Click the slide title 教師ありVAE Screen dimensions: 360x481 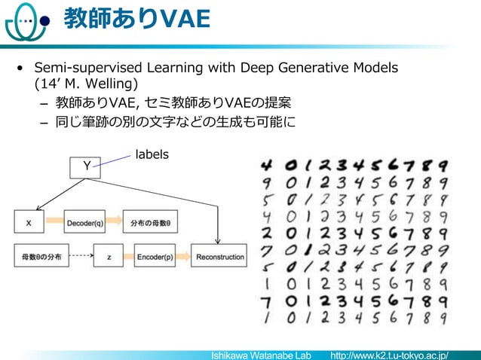pos(136,19)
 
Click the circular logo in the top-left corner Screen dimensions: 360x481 pos(23,24)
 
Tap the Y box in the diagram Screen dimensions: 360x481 pos(85,167)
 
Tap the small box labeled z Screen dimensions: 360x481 pos(109,257)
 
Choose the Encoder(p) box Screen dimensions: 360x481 pos(155,257)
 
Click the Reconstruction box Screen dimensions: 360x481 pos(219,257)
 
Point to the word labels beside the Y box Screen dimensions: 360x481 pos(152,154)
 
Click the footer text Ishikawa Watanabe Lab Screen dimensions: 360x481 pos(261,354)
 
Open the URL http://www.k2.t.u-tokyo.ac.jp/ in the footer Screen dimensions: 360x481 pos(395,354)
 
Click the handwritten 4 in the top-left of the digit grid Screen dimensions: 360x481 pos(266,165)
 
